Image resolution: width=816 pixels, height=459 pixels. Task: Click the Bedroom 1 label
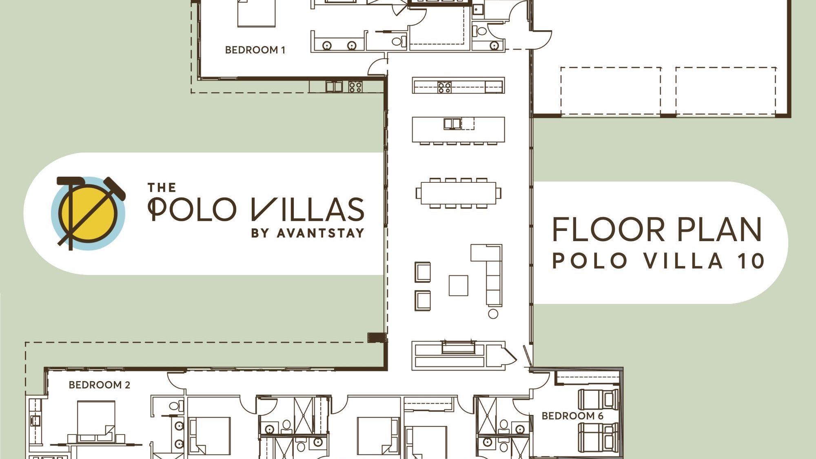coord(255,50)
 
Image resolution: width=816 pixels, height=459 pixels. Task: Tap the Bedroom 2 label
coord(99,385)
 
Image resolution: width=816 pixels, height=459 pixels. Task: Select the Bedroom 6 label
coord(572,416)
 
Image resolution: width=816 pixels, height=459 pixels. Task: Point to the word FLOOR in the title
coord(608,230)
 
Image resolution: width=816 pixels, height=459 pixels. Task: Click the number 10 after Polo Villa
coord(751,261)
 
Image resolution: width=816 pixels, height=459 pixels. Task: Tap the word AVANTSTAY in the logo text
coord(320,233)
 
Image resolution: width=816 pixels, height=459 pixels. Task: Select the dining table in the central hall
coord(458,193)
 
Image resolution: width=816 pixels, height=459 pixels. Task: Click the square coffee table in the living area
coord(458,285)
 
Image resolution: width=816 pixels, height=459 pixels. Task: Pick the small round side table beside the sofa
coord(493,314)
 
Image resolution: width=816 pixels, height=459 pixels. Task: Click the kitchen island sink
coord(452,123)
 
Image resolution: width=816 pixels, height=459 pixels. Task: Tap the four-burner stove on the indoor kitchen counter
coord(444,87)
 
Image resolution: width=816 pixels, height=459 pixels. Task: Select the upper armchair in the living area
coord(423,272)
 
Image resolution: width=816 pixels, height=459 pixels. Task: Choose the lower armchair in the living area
coord(423,301)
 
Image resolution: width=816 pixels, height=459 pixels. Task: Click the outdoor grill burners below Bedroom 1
coord(355,86)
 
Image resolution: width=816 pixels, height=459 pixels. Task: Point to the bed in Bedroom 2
coord(96,420)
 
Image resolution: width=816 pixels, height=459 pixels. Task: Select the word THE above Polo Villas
coord(162,188)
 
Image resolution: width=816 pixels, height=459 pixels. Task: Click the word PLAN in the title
coord(720,230)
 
